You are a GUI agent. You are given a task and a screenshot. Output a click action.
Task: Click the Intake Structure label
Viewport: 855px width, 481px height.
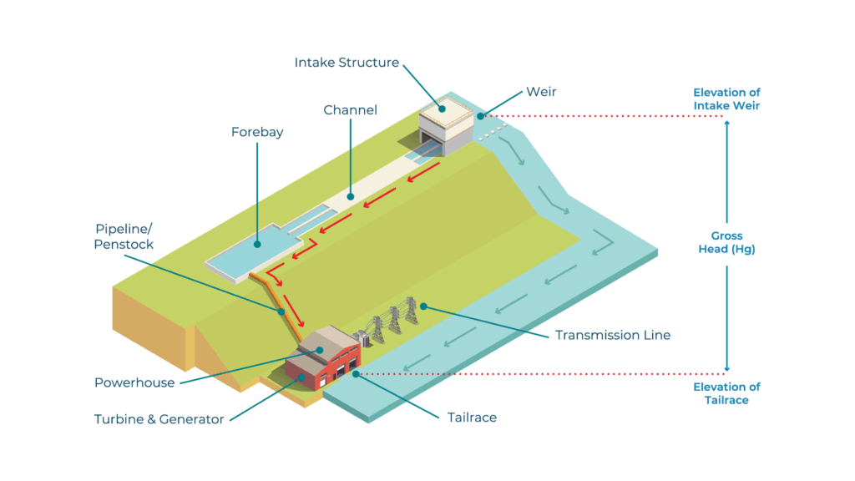(x=347, y=63)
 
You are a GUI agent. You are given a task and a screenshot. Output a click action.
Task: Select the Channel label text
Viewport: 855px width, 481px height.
(x=350, y=109)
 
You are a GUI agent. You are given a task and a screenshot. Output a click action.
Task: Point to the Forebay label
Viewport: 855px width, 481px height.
(x=257, y=132)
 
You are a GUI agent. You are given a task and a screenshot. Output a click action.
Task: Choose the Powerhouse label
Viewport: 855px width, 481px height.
(x=134, y=382)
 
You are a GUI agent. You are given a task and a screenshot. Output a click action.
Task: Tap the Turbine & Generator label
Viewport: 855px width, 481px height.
(x=159, y=419)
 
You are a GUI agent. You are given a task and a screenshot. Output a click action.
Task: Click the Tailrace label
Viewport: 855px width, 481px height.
(x=472, y=417)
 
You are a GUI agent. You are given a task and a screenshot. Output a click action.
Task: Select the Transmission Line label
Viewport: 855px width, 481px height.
(x=613, y=335)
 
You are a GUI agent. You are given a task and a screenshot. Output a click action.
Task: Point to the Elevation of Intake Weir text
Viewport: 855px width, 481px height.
(x=726, y=99)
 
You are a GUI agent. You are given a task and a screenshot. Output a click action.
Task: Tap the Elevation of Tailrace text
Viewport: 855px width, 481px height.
(x=726, y=393)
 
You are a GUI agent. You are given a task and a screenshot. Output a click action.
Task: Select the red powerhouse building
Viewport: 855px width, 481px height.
(x=322, y=364)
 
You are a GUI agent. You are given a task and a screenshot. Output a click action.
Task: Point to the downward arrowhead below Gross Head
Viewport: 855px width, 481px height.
(x=726, y=367)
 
